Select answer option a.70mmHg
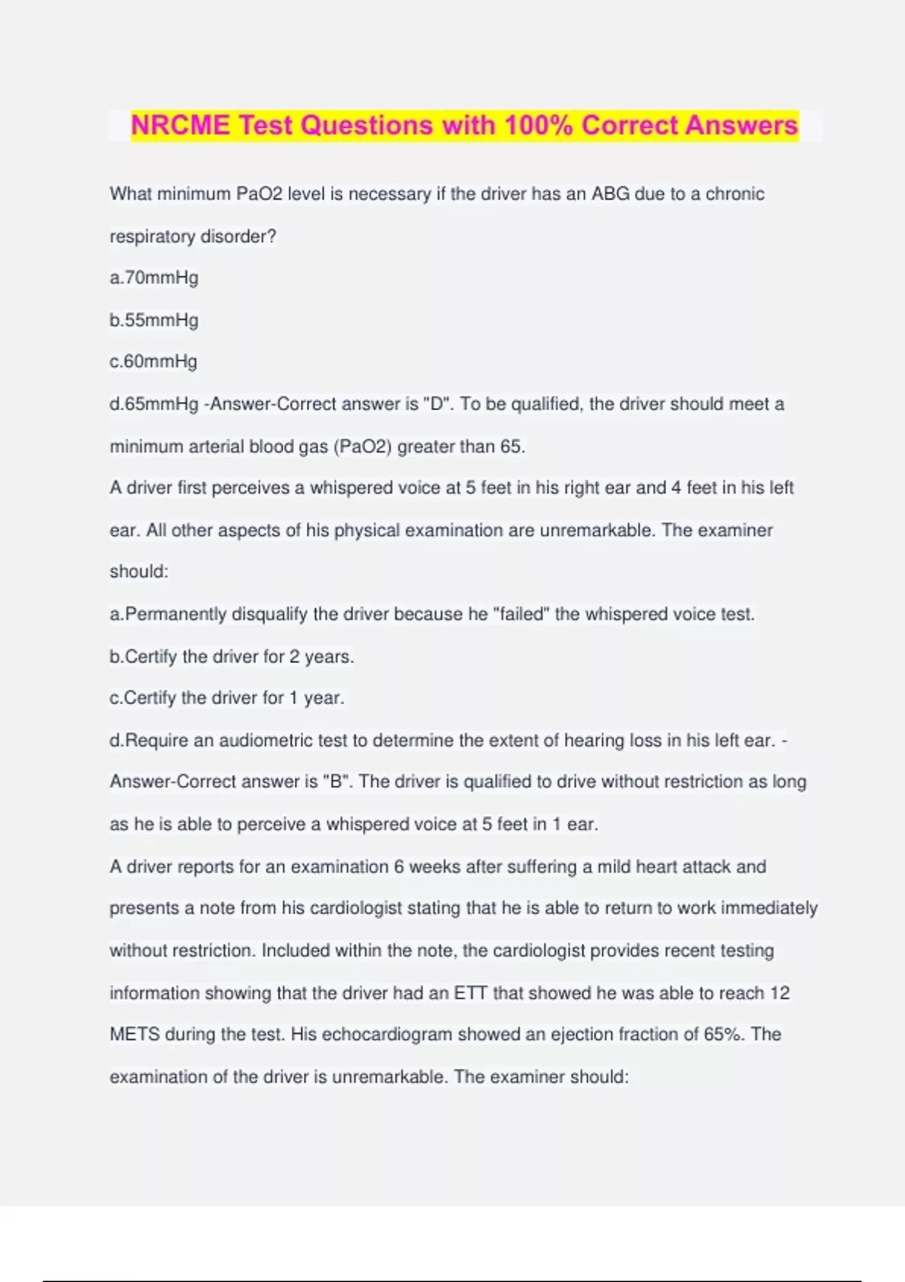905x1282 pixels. [154, 278]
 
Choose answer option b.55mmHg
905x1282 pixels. [154, 320]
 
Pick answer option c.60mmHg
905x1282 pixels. [154, 361]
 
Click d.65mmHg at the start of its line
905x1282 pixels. [154, 404]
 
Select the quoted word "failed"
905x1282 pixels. [521, 614]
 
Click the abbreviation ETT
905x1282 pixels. [471, 993]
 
